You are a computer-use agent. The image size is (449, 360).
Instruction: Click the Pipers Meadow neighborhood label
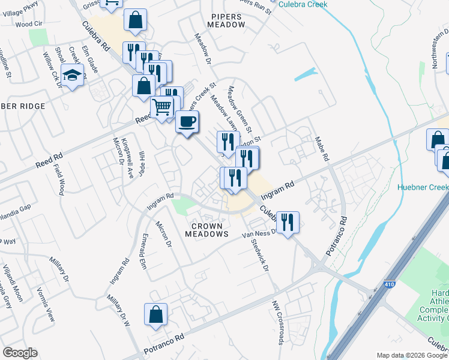click(226, 19)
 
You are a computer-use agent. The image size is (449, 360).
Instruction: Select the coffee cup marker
click(187, 122)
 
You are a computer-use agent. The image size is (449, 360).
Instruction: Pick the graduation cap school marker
click(72, 75)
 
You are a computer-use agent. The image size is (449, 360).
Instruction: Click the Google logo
click(20, 353)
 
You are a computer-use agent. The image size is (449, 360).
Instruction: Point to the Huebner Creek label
click(423, 187)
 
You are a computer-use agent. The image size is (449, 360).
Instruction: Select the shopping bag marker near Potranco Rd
click(155, 314)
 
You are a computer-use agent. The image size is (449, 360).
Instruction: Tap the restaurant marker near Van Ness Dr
click(288, 223)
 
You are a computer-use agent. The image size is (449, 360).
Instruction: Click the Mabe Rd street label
click(322, 149)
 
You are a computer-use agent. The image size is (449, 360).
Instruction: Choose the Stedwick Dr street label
click(260, 253)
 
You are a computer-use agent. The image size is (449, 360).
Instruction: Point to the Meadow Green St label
click(240, 110)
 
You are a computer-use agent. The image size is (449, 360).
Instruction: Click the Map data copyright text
click(412, 355)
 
